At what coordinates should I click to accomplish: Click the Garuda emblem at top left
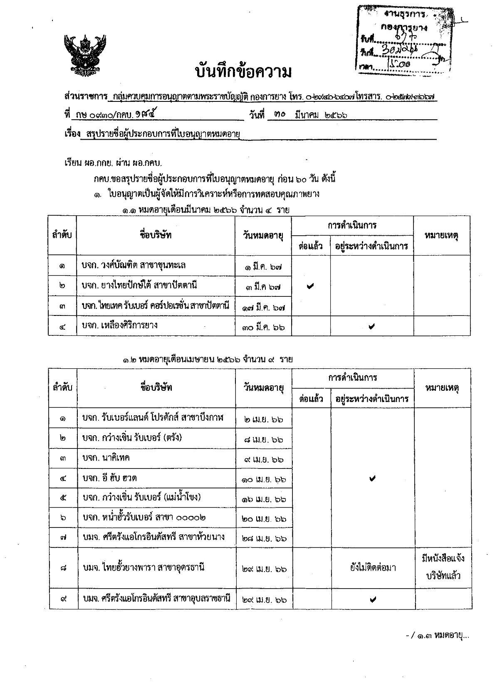[82, 55]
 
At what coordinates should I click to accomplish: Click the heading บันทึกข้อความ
[243, 71]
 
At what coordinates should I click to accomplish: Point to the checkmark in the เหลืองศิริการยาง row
[371, 327]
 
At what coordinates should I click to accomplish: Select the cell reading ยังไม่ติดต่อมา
[373, 567]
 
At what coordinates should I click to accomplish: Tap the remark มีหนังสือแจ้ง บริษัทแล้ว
[442, 567]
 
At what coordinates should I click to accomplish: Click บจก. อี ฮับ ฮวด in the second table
[109, 478]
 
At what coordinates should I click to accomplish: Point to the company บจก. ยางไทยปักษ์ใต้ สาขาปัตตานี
[139, 285]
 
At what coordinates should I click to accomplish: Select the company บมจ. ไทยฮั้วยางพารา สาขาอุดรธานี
[144, 567]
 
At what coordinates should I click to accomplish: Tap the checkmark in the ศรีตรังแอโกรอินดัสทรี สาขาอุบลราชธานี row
[373, 599]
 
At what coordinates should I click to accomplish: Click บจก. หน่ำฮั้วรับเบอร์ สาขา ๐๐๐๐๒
[144, 518]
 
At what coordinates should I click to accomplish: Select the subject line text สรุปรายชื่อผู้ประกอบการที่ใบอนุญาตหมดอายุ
[164, 134]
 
